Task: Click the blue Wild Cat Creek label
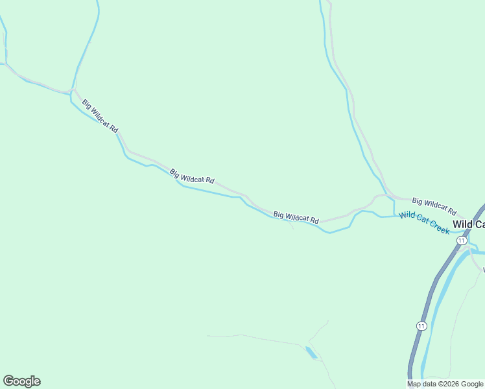coord(424,222)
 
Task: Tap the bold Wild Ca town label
coord(468,224)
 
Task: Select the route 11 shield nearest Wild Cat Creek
coord(461,240)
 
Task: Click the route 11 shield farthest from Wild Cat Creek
coord(422,325)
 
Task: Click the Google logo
coord(21,381)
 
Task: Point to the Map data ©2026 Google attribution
coord(445,384)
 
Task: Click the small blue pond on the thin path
coord(311,352)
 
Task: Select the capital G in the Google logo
coord(8,381)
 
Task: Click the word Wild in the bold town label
coord(462,224)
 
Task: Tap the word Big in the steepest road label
coord(87,104)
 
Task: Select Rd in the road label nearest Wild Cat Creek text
coord(452,213)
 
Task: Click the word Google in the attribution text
coord(472,384)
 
